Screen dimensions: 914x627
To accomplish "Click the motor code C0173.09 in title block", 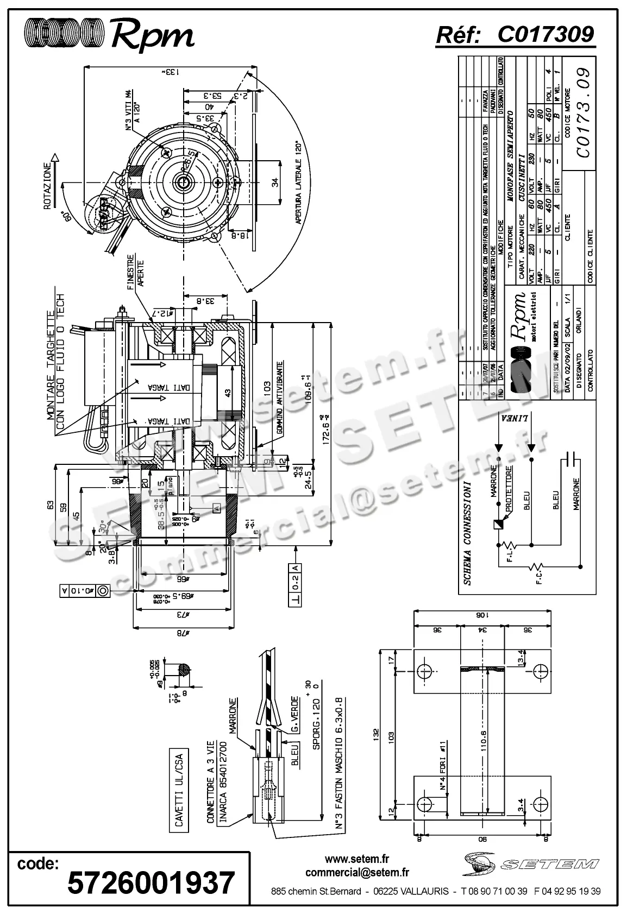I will coord(583,113).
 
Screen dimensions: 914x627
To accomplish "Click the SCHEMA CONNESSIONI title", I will coord(467,532).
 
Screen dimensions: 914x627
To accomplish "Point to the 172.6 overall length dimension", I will coord(326,429).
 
